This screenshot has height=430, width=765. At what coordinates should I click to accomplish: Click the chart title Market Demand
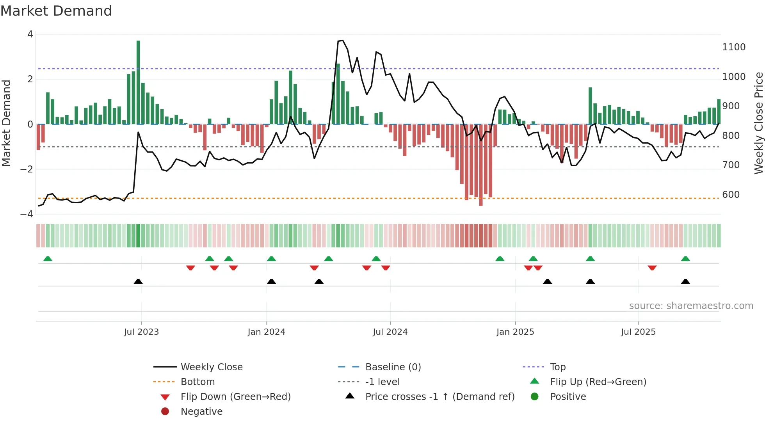(56, 11)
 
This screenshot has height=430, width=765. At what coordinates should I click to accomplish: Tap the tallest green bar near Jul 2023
(138, 82)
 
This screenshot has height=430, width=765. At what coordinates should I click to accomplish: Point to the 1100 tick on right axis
(733, 47)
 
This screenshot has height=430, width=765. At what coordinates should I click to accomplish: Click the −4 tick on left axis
(27, 214)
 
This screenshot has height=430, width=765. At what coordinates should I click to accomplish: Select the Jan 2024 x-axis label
(266, 332)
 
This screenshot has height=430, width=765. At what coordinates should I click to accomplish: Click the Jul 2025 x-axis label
(638, 332)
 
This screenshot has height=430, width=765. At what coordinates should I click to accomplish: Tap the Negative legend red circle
(165, 412)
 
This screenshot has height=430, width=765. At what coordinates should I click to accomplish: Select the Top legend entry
(557, 367)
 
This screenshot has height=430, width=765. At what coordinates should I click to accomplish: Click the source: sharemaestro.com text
(691, 306)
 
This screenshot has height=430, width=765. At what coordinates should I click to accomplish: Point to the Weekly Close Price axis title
(758, 123)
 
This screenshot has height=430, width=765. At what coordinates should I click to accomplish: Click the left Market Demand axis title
(6, 123)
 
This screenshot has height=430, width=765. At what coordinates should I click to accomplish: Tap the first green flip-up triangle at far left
(48, 259)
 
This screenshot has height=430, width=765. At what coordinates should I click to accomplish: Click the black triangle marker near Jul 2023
(138, 281)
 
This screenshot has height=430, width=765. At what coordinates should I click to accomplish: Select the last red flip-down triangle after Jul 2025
(652, 268)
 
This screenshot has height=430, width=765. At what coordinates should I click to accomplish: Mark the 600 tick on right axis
(731, 195)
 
